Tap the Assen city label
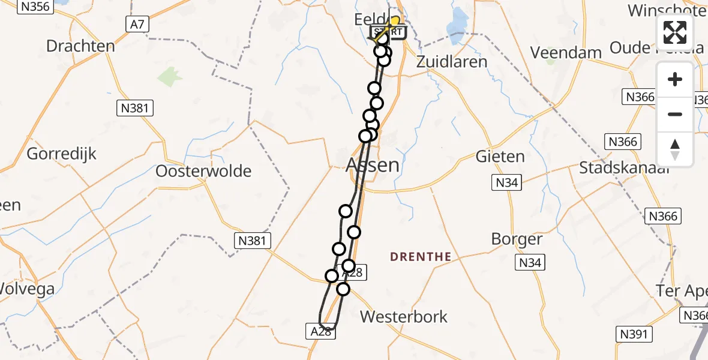373,164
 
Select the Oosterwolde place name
203,171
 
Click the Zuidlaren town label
452,61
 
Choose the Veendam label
566,52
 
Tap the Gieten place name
500,157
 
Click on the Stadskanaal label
623,167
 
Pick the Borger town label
517,239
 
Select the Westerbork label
404,316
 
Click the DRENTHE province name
421,257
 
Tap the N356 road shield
36,7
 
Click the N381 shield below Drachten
135,108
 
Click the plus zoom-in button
675,80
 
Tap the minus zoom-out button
675,114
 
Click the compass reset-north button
675,149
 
